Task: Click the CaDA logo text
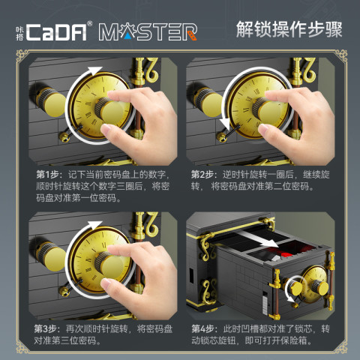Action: [56, 32]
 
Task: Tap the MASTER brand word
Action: [148, 32]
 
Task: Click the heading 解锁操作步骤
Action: [289, 29]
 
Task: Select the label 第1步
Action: [47, 175]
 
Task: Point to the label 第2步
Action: [202, 175]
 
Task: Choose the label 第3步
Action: [46, 329]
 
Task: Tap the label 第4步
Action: [203, 329]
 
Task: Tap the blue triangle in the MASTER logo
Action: [128, 37]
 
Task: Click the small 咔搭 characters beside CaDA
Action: [19, 33]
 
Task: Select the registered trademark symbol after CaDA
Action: [89, 23]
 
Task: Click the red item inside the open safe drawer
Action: [290, 252]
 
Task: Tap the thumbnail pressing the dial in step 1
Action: [106, 129]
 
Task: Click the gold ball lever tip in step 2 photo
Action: [221, 136]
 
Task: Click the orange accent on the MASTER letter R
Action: [192, 35]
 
